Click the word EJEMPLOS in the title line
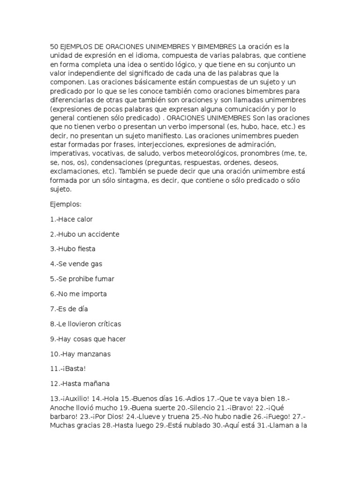[75, 46]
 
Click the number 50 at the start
[54, 46]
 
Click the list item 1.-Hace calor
[72, 219]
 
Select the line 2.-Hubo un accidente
[84, 234]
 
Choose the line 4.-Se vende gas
[75, 264]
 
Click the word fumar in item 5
[104, 279]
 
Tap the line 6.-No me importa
[78, 294]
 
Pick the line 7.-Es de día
[69, 309]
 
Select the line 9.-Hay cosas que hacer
[88, 339]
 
